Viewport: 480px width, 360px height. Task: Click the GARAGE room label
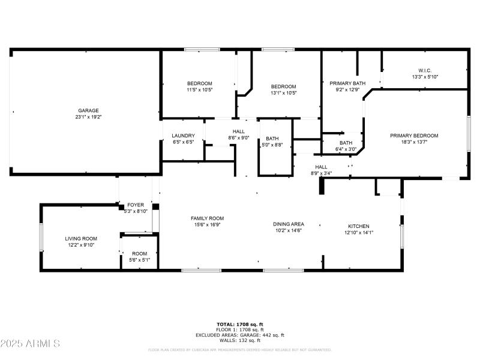88,110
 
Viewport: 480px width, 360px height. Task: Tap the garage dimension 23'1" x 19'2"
88,117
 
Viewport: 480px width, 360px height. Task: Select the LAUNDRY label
183,136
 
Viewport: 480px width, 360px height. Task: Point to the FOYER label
135,205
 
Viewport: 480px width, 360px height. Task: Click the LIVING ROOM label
81,238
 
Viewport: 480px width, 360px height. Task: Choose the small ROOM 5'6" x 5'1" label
139,253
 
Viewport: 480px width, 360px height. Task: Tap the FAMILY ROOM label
207,218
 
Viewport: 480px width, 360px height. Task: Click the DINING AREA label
289,224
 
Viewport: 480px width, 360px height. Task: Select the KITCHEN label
359,226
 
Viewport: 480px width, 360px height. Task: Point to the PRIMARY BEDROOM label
414,136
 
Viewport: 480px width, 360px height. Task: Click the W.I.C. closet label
425,70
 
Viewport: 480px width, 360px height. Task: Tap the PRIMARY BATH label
347,83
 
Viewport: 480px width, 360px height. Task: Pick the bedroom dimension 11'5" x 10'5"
200,89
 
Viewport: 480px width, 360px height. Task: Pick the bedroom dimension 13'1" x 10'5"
283,93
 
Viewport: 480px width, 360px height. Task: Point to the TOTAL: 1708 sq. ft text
240,324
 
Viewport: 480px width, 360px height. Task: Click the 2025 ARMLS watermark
30,344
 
